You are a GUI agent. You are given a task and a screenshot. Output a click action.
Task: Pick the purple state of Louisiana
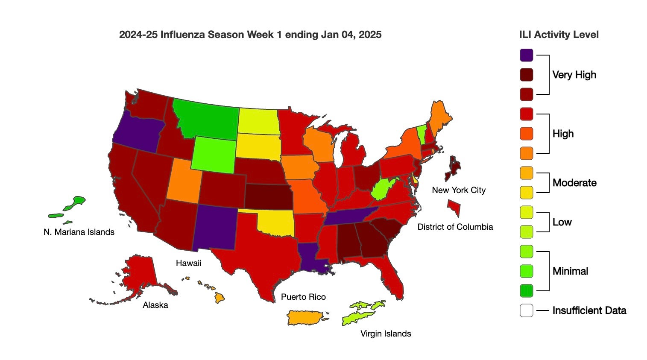(x=312, y=256)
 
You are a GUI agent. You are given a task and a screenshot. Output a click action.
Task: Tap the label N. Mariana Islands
(x=79, y=232)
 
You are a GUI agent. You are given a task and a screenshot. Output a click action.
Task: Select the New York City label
(x=459, y=190)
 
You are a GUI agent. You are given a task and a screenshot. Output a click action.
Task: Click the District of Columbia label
(x=455, y=227)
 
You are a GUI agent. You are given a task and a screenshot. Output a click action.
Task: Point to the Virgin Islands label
(x=386, y=334)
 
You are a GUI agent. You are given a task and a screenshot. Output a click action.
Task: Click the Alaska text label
(x=155, y=305)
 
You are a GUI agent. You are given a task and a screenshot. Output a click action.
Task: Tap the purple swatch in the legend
(x=527, y=55)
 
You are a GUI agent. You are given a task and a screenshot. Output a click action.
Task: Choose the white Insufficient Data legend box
(x=527, y=310)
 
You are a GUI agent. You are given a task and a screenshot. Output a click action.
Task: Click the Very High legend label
(x=574, y=75)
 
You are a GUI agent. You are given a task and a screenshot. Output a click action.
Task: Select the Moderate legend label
(x=574, y=183)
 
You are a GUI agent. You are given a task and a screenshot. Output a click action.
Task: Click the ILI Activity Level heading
(x=559, y=35)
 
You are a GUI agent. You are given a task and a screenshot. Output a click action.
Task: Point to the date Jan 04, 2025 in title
(x=351, y=35)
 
